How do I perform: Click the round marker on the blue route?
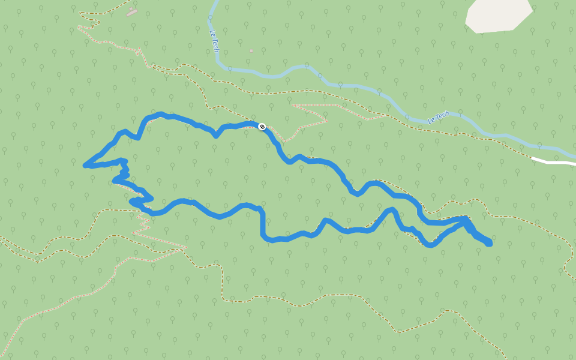point(262,126)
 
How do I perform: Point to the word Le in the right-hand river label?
point(431,121)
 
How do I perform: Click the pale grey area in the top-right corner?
point(498,15)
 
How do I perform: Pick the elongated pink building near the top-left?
point(132,12)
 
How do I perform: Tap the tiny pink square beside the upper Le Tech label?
point(251,50)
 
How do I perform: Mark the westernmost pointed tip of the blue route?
point(85,164)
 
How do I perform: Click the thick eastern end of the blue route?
point(489,243)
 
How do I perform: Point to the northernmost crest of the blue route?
point(161,113)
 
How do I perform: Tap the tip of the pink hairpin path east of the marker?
point(327,121)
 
